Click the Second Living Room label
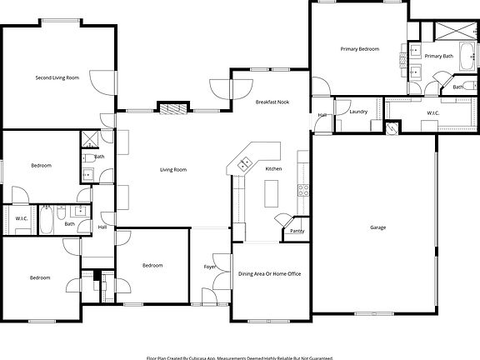point(57,77)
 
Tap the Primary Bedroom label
point(359,49)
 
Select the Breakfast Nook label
point(271,102)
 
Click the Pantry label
point(296,232)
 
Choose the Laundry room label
point(359,111)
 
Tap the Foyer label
point(210,267)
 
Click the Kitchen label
point(273,169)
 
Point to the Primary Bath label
point(438,56)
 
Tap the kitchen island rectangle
point(271,194)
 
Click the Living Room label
point(173,170)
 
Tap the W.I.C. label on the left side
point(22,218)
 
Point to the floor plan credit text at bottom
point(240,357)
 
